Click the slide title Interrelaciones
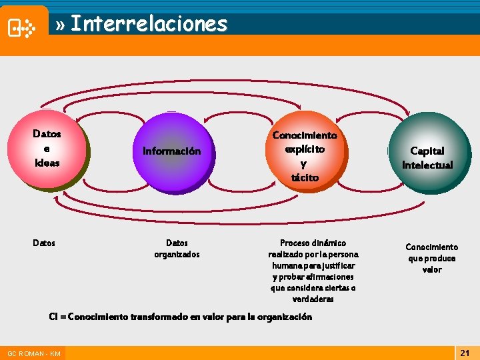coord(149,24)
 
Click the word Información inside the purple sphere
coord(171,151)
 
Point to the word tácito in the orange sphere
coord(305,178)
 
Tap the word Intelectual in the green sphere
coord(427,165)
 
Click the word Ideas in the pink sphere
coord(47,163)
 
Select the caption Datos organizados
coord(177,249)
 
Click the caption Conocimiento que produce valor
coord(431,258)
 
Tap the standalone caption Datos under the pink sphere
coord(44,243)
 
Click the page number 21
coord(465,351)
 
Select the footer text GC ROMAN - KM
coord(33,353)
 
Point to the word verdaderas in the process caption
coord(313,299)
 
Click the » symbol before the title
coord(61,25)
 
